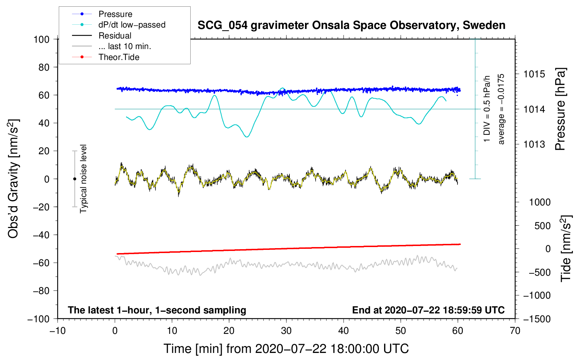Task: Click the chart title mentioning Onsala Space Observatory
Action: [x=351, y=25]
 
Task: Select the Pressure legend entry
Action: [x=115, y=14]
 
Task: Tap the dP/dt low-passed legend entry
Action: [x=132, y=25]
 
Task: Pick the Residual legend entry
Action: [x=115, y=36]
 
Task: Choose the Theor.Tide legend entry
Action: [x=119, y=57]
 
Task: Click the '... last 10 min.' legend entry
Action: [x=125, y=46]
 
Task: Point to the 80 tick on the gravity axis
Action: [x=44, y=67]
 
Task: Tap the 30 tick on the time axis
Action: [x=286, y=331]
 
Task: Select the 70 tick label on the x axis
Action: [x=515, y=331]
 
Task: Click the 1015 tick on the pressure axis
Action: [x=534, y=74]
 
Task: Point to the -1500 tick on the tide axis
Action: [x=537, y=319]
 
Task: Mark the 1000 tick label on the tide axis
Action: [x=539, y=202]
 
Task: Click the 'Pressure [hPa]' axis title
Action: [x=560, y=109]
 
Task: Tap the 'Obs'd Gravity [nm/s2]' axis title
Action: [x=13, y=179]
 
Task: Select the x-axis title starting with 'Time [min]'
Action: [x=286, y=349]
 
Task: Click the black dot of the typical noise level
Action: [x=74, y=179]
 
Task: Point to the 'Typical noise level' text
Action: [x=83, y=179]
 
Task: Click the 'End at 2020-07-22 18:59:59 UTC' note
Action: [x=428, y=310]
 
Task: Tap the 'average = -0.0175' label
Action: [x=501, y=109]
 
